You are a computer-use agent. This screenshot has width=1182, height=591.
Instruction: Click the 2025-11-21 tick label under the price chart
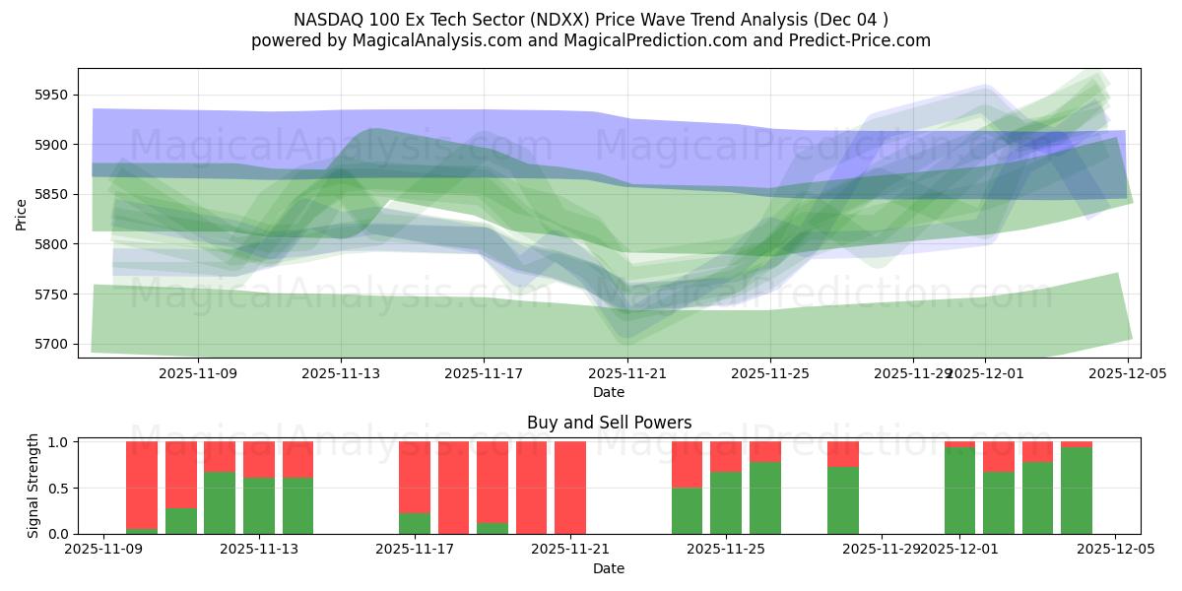627,374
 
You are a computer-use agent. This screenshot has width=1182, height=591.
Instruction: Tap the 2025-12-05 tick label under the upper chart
1127,374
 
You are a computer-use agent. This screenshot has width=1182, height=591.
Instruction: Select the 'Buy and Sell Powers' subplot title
609,423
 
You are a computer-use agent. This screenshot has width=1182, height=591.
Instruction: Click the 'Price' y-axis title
22,213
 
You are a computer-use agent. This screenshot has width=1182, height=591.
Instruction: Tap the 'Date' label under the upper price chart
609,392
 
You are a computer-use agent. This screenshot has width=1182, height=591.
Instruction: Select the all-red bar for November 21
570,488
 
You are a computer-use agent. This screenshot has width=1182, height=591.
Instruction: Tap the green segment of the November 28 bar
843,500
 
